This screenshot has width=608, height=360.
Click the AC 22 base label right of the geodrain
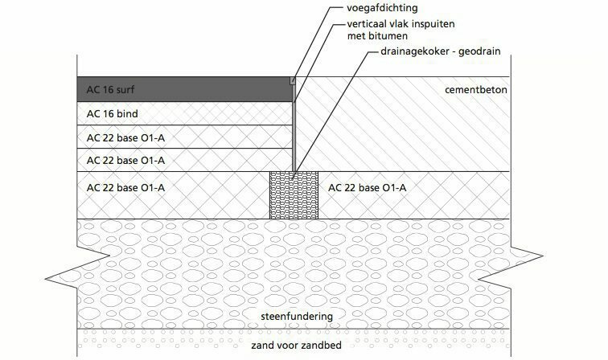368,188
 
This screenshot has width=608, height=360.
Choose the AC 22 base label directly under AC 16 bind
125,137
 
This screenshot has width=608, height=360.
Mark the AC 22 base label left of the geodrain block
125,188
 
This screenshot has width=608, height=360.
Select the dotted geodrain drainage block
294,195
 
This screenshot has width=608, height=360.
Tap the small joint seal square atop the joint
294,80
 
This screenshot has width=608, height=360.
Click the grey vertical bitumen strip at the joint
294,129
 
